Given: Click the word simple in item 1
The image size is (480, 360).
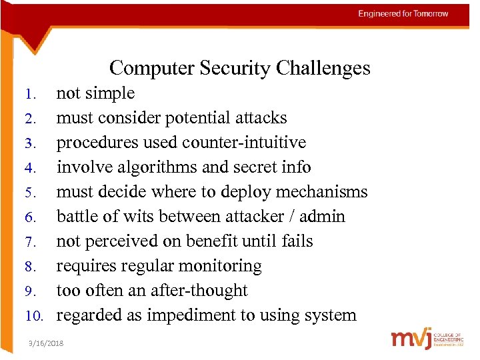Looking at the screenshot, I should point(111,93).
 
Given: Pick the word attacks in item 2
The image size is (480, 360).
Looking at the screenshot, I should point(262,118).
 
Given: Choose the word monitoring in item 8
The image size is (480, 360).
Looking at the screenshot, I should point(221,266).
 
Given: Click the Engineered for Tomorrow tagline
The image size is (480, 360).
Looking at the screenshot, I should point(403,14).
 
